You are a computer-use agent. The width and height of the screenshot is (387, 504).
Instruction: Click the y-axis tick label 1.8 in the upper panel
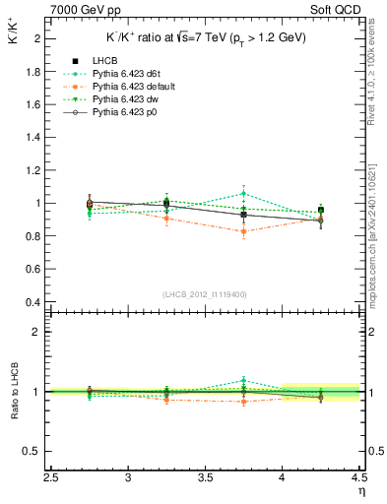[x=32, y=72]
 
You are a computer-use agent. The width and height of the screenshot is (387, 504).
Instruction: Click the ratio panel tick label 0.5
[x=32, y=451]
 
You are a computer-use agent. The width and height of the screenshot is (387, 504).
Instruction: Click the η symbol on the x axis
[x=361, y=492]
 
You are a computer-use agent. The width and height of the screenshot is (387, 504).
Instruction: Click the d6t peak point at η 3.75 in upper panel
[x=243, y=194]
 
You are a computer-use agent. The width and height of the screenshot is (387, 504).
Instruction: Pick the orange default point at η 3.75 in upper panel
[x=243, y=231]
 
